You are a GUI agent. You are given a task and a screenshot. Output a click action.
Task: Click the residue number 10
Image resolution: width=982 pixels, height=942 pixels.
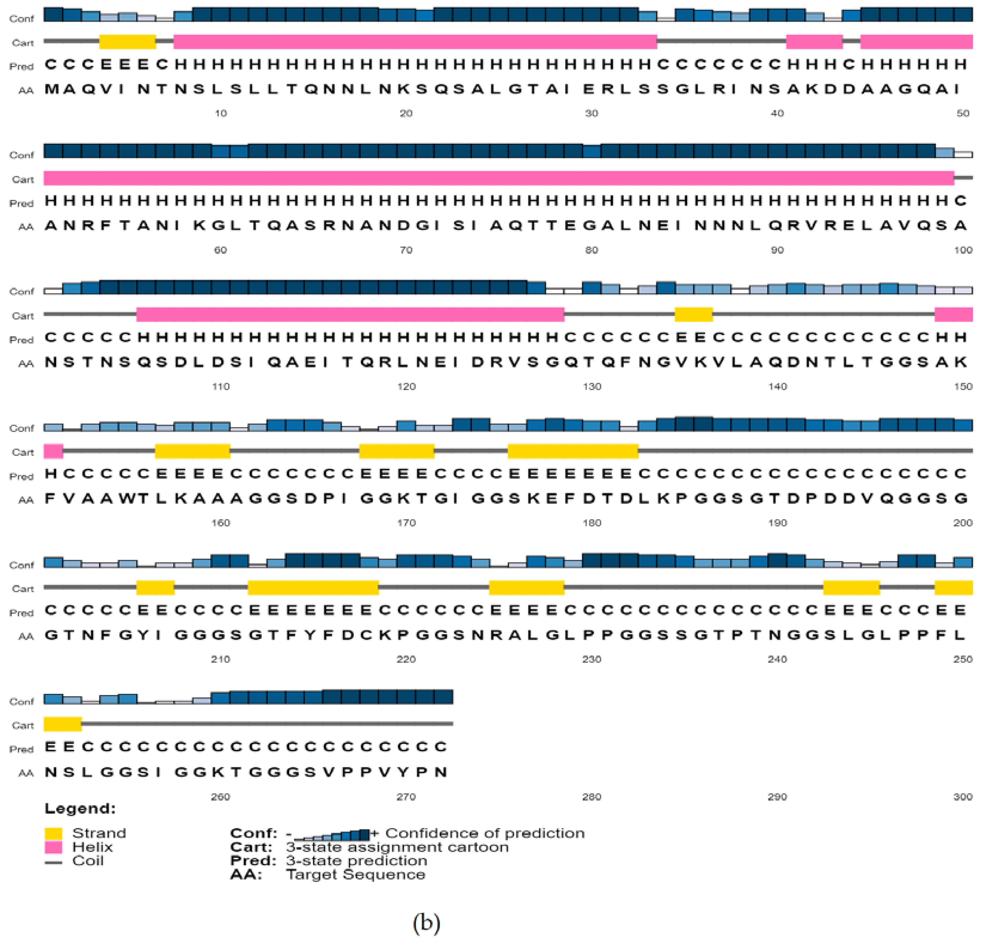(220, 113)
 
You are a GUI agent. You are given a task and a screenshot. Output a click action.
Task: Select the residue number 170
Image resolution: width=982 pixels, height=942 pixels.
(406, 523)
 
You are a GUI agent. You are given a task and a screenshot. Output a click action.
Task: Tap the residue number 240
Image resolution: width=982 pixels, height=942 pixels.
(777, 659)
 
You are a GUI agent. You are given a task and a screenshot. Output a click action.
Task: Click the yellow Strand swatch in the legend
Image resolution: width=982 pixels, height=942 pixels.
(53, 833)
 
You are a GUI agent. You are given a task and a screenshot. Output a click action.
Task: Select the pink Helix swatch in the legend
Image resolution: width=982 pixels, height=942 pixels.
(53, 847)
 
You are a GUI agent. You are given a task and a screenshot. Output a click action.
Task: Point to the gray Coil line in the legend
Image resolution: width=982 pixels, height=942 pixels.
(53, 862)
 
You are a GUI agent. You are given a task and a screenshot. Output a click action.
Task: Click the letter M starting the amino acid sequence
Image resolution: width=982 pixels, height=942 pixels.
(51, 89)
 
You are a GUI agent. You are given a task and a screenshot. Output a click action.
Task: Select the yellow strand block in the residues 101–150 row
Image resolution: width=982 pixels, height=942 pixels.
(693, 315)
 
